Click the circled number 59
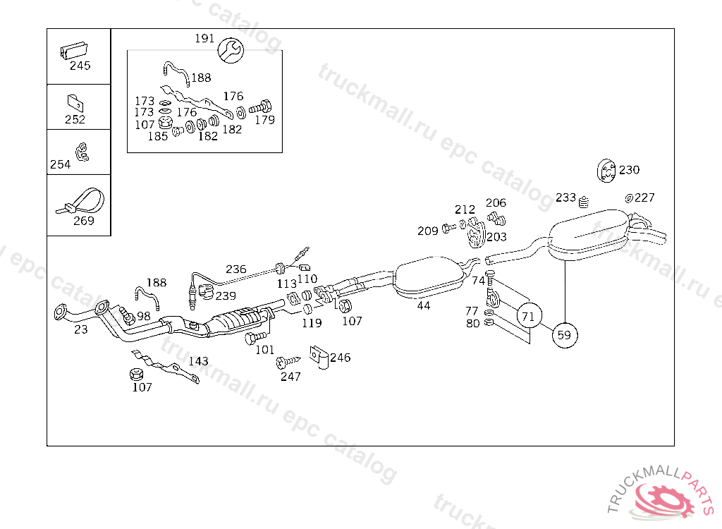click(564, 335)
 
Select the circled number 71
click(528, 315)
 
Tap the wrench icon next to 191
click(230, 49)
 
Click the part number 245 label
click(80, 66)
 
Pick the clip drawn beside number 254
click(82, 150)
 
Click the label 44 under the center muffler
click(423, 305)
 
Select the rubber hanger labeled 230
click(606, 170)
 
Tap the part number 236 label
click(235, 269)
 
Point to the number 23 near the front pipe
click(80, 329)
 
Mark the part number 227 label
click(644, 197)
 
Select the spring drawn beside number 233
click(583, 202)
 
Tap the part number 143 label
click(198, 361)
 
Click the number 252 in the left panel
click(75, 119)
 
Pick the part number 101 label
click(264, 349)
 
